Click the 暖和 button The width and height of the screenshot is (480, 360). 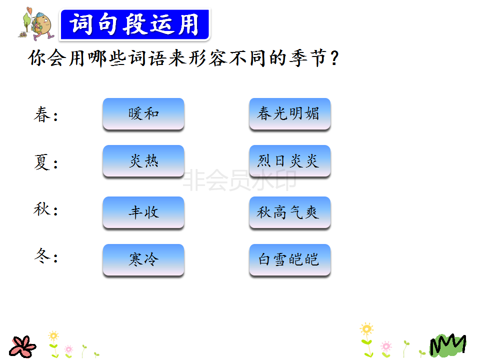pos(143,114)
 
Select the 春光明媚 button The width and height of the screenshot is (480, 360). pos(289,114)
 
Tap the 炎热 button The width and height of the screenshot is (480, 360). pos(143,161)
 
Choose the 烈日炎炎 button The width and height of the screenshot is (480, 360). pos(289,161)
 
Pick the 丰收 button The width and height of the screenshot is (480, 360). pos(143,212)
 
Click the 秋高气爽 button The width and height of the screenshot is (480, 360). pos(289,212)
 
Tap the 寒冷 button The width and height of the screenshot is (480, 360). pos(143,260)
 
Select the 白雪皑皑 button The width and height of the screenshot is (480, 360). pos(289,260)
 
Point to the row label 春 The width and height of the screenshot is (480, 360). pos(42,115)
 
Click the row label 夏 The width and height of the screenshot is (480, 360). pos(42,162)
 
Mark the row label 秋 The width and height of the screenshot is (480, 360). pos(42,209)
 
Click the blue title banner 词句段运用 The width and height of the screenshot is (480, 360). pos(134,24)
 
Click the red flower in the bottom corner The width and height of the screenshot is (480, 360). pos(22,346)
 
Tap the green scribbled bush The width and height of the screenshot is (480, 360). pos(447,345)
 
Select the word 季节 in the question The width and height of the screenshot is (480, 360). pos(308,58)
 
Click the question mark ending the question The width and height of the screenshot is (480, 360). pos(334,58)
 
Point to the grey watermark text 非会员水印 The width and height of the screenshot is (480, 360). pos(239,180)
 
